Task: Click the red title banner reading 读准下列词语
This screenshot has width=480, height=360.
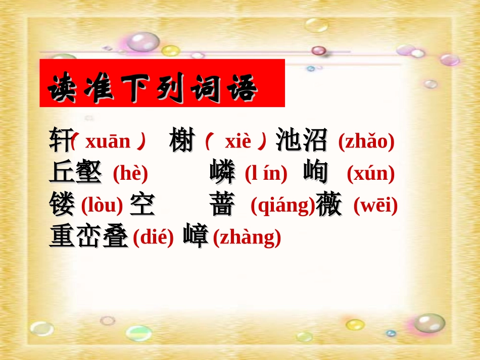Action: [162, 83]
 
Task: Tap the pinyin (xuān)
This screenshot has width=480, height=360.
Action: [108, 142]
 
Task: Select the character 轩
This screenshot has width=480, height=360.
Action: [60, 140]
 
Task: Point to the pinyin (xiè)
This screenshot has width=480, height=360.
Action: [236, 142]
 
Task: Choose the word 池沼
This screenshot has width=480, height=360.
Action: [302, 141]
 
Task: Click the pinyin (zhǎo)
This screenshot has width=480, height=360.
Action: [366, 142]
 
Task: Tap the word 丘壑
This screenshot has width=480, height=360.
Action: [76, 173]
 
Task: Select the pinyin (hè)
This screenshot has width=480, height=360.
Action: [130, 174]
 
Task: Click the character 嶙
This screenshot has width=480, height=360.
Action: [222, 173]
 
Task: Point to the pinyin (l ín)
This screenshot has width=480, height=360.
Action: [266, 174]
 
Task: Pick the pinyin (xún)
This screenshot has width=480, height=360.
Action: [370, 174]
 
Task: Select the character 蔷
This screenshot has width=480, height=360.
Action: [222, 205]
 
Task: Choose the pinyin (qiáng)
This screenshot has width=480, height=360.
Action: [282, 206]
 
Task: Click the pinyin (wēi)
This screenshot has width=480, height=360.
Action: [375, 206]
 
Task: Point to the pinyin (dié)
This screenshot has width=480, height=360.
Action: [153, 238]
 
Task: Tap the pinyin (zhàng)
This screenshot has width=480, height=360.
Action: [247, 238]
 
